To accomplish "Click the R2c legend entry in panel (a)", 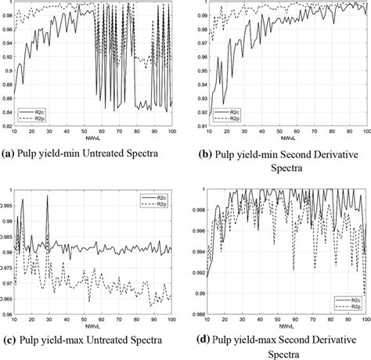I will coord(31,112).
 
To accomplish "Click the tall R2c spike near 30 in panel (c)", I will coord(47,197).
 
